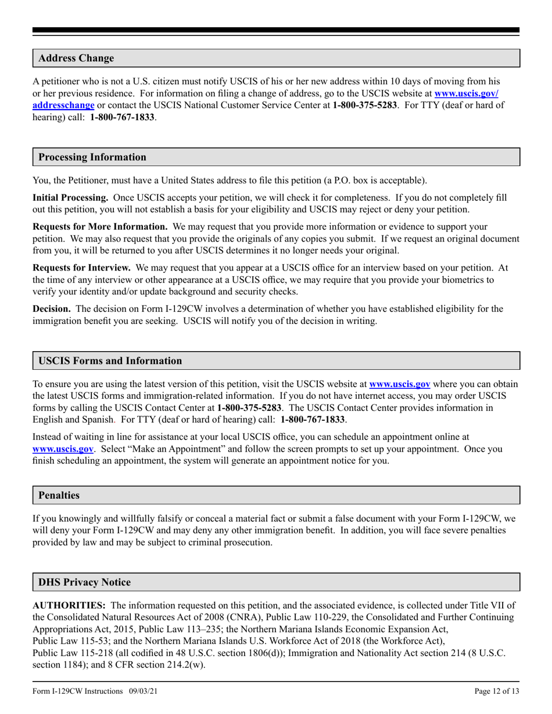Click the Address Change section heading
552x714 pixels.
point(76,58)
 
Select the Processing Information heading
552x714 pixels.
point(92,157)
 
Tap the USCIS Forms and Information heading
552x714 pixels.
point(110,360)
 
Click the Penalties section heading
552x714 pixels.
point(59,495)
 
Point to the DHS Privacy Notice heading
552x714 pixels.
point(84,582)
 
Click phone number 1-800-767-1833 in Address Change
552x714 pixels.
point(122,117)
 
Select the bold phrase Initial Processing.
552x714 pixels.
point(70,198)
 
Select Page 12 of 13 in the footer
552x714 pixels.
point(497,691)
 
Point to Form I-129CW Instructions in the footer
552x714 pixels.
point(78,691)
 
